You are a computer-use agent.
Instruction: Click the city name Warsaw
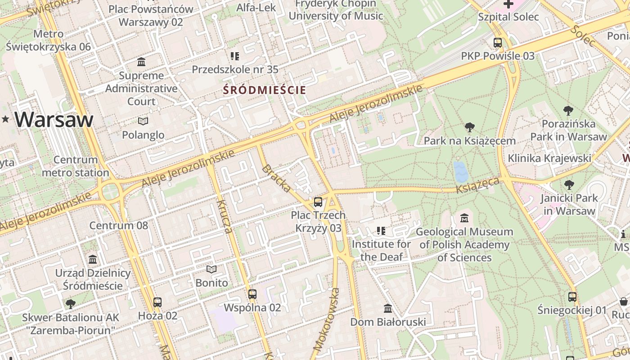tap(54, 120)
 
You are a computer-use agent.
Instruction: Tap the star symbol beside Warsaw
tap(5, 119)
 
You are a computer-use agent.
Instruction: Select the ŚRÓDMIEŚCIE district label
tap(265, 90)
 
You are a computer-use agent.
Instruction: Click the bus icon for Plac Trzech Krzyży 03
tap(318, 202)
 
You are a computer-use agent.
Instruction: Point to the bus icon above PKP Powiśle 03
tap(498, 43)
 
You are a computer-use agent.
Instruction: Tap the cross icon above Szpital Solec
tap(508, 4)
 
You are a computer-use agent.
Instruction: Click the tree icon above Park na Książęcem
tap(470, 127)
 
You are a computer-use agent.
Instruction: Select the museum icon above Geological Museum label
tap(464, 218)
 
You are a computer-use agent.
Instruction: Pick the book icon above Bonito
tap(211, 270)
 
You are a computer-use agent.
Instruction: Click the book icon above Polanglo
tap(143, 121)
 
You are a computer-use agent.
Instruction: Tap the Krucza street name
tap(224, 216)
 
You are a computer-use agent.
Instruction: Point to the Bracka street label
tap(276, 178)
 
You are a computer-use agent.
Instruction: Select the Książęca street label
tap(477, 185)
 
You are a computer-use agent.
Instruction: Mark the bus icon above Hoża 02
tap(157, 302)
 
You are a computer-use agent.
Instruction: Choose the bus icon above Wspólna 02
tap(252, 294)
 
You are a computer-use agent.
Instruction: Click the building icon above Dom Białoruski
tap(388, 309)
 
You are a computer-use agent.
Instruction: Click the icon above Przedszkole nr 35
tap(235, 56)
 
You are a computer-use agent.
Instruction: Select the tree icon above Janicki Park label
tap(569, 184)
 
